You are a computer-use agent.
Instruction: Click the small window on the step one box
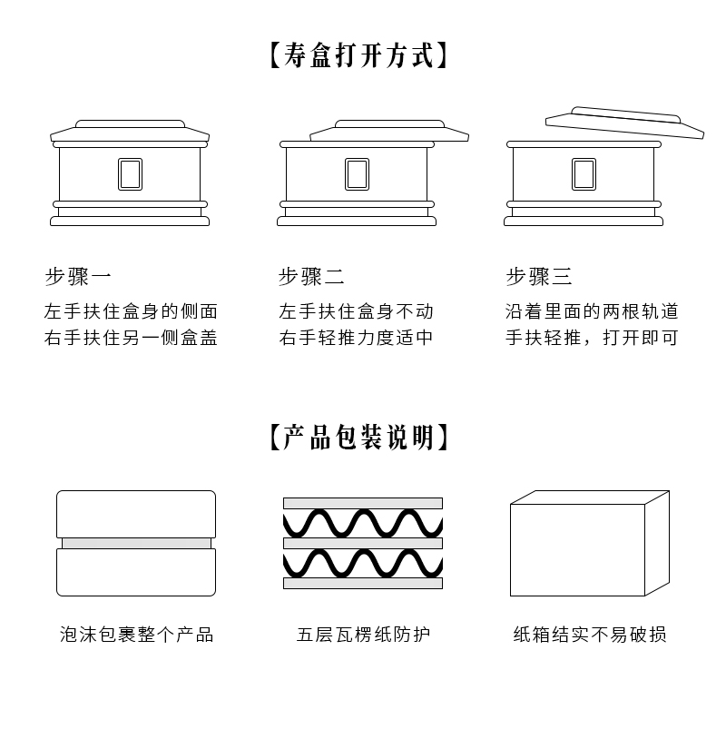tap(130, 174)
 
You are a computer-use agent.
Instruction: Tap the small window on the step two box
tap(357, 174)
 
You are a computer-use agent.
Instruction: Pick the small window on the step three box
tap(584, 174)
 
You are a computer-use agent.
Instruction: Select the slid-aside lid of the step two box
tap(390, 132)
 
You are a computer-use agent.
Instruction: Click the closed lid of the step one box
tap(130, 132)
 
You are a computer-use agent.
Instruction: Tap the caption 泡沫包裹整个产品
tap(136, 635)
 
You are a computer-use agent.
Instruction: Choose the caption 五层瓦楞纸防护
tap(363, 635)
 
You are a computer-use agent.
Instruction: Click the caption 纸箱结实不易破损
tap(590, 635)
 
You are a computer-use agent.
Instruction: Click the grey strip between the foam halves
tap(136, 543)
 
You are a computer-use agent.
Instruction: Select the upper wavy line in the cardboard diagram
tap(363, 523)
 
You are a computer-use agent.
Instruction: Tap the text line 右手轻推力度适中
tap(356, 339)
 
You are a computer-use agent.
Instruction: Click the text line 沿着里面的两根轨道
tap(592, 312)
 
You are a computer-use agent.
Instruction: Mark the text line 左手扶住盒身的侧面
tap(132, 312)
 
